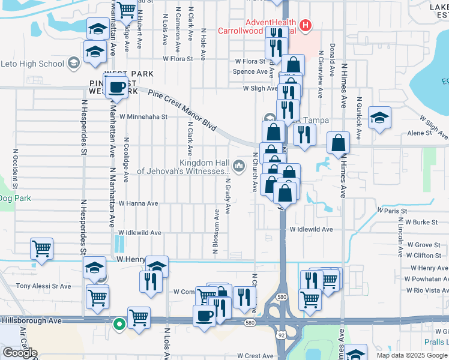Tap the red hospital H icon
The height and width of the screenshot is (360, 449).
click(306, 25)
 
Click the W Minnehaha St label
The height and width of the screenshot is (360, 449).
click(143, 116)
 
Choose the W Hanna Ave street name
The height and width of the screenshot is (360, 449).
click(138, 203)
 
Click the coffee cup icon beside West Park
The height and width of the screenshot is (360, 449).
click(116, 88)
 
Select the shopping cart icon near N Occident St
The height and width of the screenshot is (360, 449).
click(41, 249)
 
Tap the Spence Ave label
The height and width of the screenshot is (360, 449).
click(250, 71)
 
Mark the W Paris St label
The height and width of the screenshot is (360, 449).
click(392, 211)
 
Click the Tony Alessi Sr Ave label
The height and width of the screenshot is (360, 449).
click(43, 286)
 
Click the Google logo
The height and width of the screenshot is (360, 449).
click(20, 353)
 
